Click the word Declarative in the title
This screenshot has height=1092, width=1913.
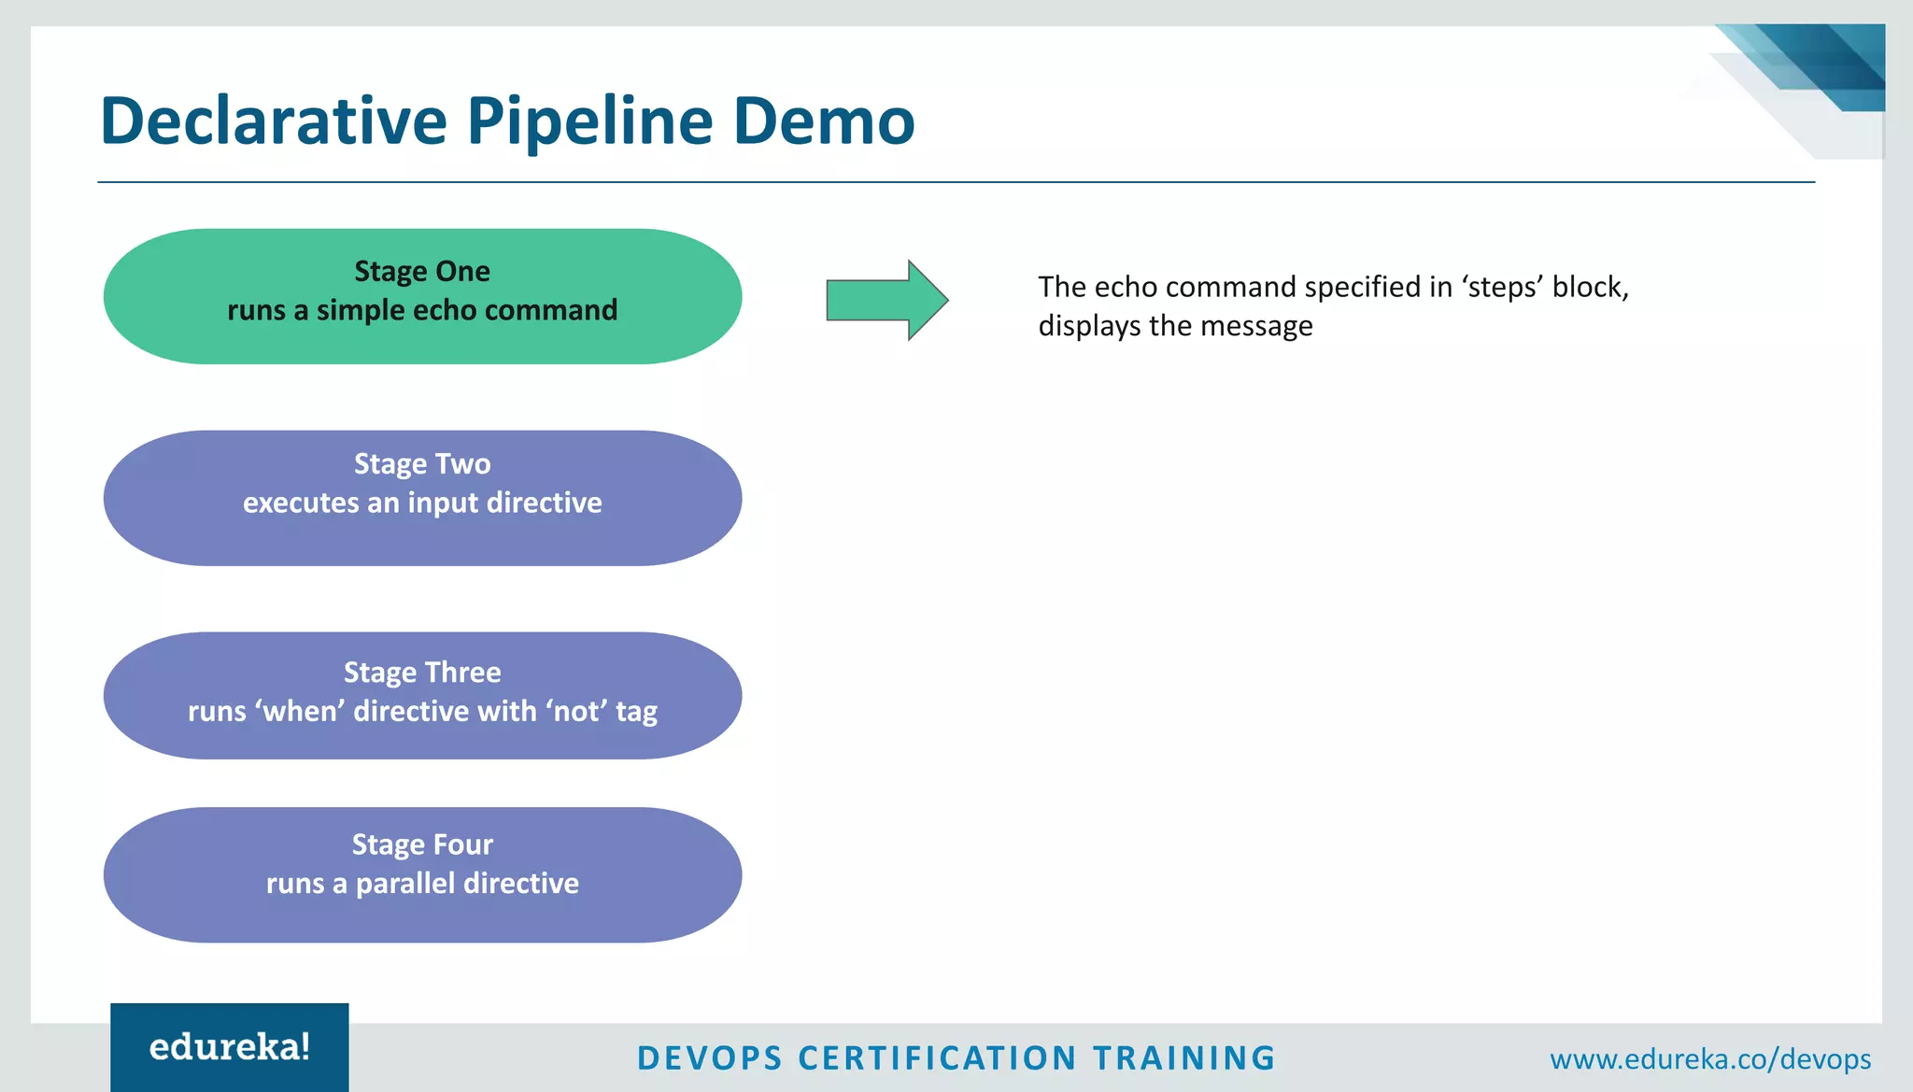[x=274, y=121]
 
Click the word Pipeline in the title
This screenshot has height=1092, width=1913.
[x=589, y=121]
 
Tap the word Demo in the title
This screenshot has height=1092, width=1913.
[x=823, y=121]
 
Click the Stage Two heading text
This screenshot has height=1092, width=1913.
[x=422, y=464]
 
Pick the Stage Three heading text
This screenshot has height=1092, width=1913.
[x=422, y=673]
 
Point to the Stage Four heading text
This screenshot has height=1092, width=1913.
[x=422, y=844]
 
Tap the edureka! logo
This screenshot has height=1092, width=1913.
[x=230, y=1047]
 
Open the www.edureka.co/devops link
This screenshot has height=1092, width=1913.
[x=1710, y=1059]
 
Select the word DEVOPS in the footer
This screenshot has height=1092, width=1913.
[x=710, y=1058]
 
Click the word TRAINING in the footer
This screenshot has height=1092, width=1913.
[x=1183, y=1058]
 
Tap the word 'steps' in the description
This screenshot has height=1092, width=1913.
[x=1502, y=287]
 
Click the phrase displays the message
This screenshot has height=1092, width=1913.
[x=1175, y=326]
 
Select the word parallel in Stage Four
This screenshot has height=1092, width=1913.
[x=406, y=884]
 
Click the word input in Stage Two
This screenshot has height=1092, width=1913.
[x=443, y=503]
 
